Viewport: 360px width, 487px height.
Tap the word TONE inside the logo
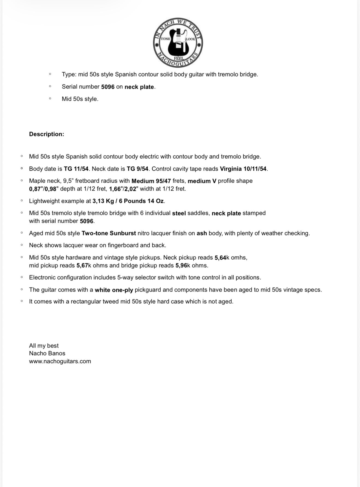point(165,39)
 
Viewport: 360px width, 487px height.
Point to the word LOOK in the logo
point(190,39)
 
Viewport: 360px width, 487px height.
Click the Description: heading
point(47,134)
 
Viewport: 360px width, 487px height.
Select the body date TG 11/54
point(76,169)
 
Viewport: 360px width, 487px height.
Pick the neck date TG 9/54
point(137,169)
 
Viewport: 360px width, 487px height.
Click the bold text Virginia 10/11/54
point(243,169)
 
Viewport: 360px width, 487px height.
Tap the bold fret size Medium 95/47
point(151,181)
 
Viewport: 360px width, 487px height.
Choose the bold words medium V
point(202,181)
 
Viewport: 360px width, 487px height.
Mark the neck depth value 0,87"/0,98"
point(44,189)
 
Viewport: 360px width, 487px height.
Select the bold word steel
point(179,213)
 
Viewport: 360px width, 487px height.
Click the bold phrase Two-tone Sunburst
point(109,233)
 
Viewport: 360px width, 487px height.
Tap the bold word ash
point(202,233)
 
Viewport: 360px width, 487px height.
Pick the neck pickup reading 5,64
point(220,258)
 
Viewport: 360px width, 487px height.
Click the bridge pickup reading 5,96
point(181,266)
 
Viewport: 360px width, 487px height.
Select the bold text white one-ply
point(114,290)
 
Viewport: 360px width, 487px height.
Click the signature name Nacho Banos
point(47,353)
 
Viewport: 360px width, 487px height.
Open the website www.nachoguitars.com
point(60,361)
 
